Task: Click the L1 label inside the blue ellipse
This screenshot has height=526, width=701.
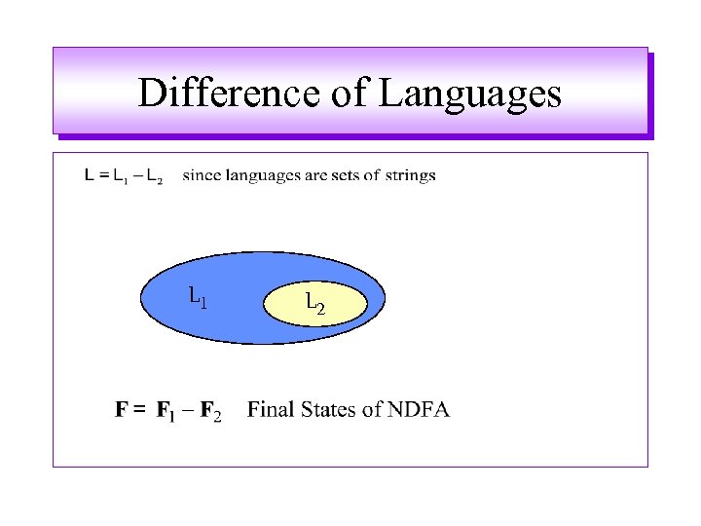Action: (198, 295)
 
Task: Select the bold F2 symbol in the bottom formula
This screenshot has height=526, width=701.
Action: (210, 411)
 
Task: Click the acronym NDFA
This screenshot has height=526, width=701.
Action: (418, 409)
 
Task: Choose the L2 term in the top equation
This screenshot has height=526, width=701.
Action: (153, 177)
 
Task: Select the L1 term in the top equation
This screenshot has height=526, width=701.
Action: (119, 177)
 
